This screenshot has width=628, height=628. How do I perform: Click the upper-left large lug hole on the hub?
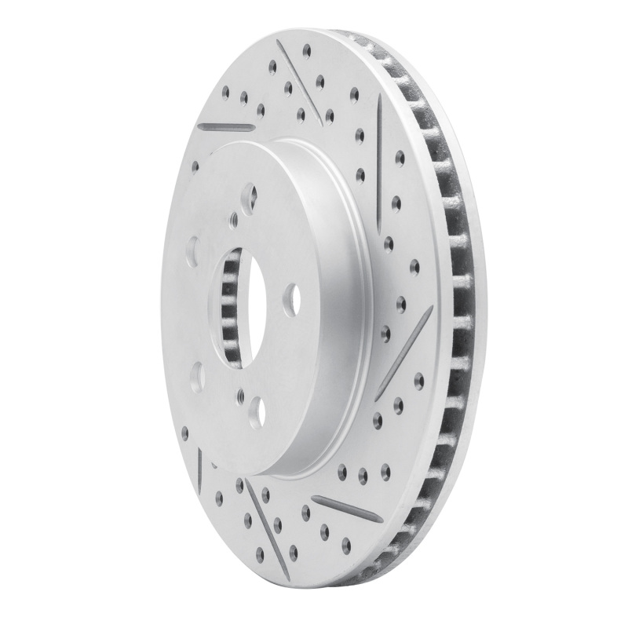pyautogui.click(x=192, y=250)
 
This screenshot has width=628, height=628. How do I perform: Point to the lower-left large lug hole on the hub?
pyautogui.click(x=197, y=375)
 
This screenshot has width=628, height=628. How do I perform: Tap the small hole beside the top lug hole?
pyautogui.click(x=233, y=221)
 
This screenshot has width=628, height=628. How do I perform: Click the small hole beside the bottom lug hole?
pyautogui.click(x=239, y=397)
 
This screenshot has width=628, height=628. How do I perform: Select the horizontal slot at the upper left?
pyautogui.click(x=226, y=126)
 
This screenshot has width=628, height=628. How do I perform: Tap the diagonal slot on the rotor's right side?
pyautogui.click(x=403, y=352)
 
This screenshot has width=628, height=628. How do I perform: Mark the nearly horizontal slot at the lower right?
pyautogui.click(x=346, y=509)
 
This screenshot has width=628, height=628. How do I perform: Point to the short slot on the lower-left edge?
pyautogui.click(x=200, y=468)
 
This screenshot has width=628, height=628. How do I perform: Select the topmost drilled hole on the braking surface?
pyautogui.click(x=306, y=50)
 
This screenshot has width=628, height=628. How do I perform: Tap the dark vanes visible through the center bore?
pyautogui.click(x=228, y=314)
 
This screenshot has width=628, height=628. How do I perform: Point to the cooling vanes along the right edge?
pyautogui.click(x=455, y=314)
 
